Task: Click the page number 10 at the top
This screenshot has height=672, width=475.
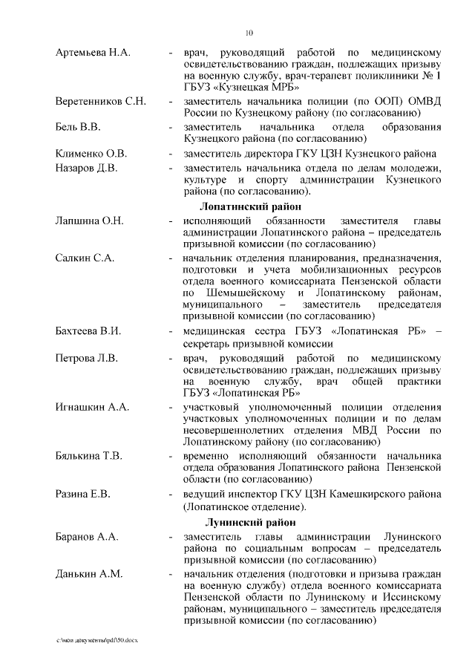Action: pos(249,32)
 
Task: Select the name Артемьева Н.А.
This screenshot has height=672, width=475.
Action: pos(93,53)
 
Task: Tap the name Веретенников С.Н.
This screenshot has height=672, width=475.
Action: pos(101,100)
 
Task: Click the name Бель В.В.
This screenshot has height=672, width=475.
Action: pos(78,127)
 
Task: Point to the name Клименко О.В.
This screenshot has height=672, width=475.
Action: pos(91,154)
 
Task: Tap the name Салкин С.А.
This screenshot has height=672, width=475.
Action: pos(85,257)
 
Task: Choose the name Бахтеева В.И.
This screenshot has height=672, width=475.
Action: pos(88,331)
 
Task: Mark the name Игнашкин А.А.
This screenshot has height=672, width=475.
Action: pos(93,408)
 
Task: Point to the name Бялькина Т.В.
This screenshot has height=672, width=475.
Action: pos(89,456)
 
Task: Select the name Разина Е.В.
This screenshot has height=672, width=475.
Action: pos(82,493)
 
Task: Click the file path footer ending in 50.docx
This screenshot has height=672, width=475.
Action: pos(97,639)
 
